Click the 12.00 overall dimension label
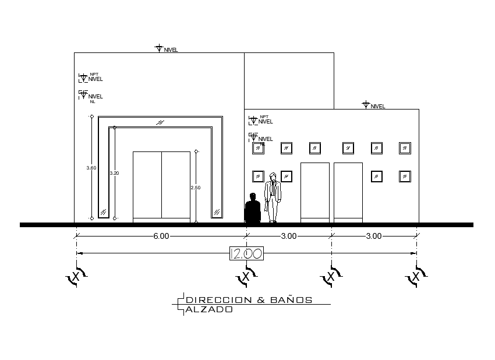click(246, 253)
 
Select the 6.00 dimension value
click(161, 236)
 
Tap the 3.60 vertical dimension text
click(91, 168)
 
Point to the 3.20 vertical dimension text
click(114, 173)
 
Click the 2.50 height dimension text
click(196, 188)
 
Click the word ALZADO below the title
click(209, 310)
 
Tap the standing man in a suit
click(273, 197)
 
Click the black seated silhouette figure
click(252, 209)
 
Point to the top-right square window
click(405, 148)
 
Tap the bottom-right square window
click(405, 176)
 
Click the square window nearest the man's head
click(287, 176)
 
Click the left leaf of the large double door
click(147, 185)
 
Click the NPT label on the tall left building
click(94, 74)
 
